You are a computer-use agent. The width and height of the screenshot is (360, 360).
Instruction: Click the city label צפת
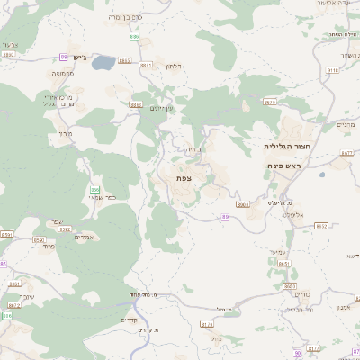click(184, 178)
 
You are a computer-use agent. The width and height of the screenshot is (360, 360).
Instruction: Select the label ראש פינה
click(288, 166)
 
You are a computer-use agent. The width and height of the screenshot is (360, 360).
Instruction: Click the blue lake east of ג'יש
click(103, 63)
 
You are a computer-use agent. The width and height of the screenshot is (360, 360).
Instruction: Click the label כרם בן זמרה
click(125, 17)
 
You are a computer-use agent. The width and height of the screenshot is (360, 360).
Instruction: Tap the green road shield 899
click(134, 37)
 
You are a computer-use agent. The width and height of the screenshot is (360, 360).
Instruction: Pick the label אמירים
click(84, 237)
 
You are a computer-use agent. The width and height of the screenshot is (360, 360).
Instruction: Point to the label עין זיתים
click(163, 109)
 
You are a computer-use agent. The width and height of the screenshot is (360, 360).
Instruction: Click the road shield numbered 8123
click(207, 324)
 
